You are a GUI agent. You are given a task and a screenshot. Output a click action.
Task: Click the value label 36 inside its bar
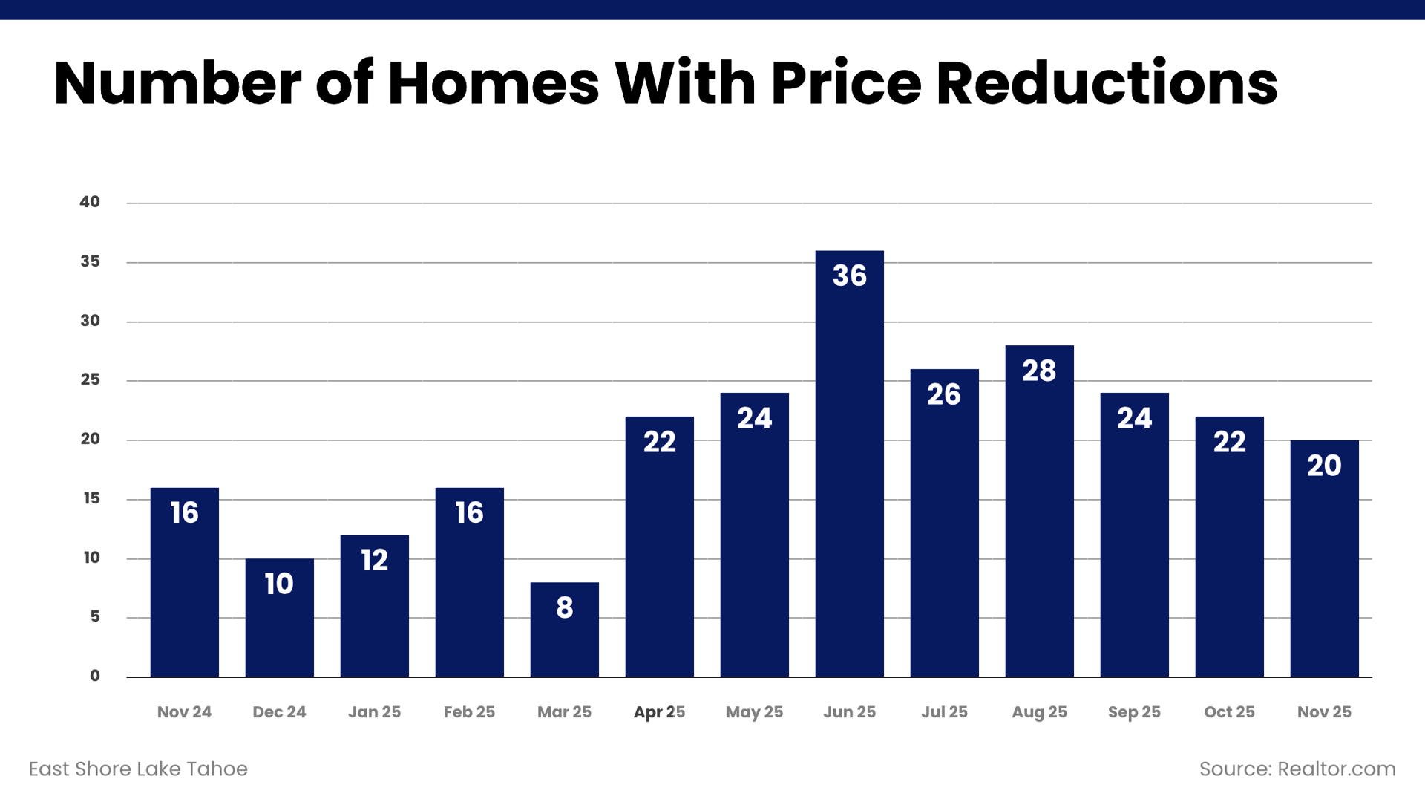(x=849, y=276)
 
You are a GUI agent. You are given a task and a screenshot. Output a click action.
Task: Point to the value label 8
(x=564, y=607)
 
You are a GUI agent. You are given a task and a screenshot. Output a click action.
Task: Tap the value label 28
(x=1039, y=371)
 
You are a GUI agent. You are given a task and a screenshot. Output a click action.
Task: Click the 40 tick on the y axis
(x=90, y=202)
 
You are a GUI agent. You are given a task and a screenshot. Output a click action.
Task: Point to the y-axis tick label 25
(x=90, y=379)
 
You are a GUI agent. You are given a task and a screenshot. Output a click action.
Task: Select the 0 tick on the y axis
(x=95, y=676)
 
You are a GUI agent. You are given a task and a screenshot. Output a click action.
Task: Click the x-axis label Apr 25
(x=659, y=712)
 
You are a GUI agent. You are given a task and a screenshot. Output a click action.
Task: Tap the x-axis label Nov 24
(x=184, y=712)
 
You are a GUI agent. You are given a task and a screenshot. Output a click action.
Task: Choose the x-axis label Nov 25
(x=1324, y=712)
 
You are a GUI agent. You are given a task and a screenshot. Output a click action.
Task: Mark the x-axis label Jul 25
(x=944, y=712)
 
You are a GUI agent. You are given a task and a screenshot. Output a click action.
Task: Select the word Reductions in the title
(x=1107, y=83)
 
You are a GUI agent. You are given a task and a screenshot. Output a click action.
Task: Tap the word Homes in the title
(x=493, y=83)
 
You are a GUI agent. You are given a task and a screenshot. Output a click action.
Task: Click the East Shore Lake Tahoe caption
(x=138, y=769)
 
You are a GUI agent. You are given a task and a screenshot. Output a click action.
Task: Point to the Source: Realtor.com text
(x=1297, y=769)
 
